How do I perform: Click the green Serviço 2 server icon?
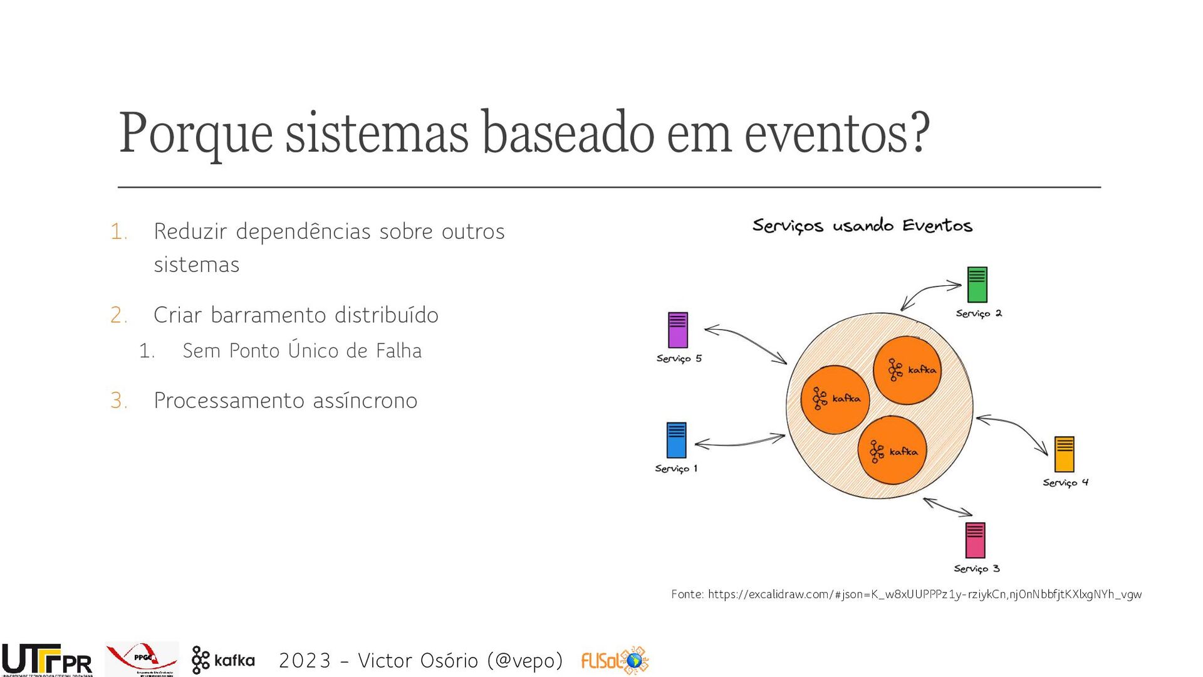(977, 285)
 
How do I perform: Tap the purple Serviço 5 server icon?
(677, 330)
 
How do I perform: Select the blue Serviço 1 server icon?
(676, 440)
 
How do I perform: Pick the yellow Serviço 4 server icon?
(1064, 454)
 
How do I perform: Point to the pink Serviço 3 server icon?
(975, 540)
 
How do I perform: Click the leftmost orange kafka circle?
(835, 399)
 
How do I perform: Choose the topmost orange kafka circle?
(907, 370)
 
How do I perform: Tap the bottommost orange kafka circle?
(892, 450)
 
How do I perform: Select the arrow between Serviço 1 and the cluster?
(739, 442)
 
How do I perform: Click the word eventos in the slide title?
(836, 133)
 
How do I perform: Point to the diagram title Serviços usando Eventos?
(862, 226)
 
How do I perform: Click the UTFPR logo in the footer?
(47, 660)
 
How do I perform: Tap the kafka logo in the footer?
(223, 660)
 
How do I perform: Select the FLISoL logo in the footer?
(615, 660)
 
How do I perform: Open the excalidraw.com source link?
(924, 594)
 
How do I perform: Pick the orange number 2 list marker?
(118, 315)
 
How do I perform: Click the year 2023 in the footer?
(305, 660)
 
